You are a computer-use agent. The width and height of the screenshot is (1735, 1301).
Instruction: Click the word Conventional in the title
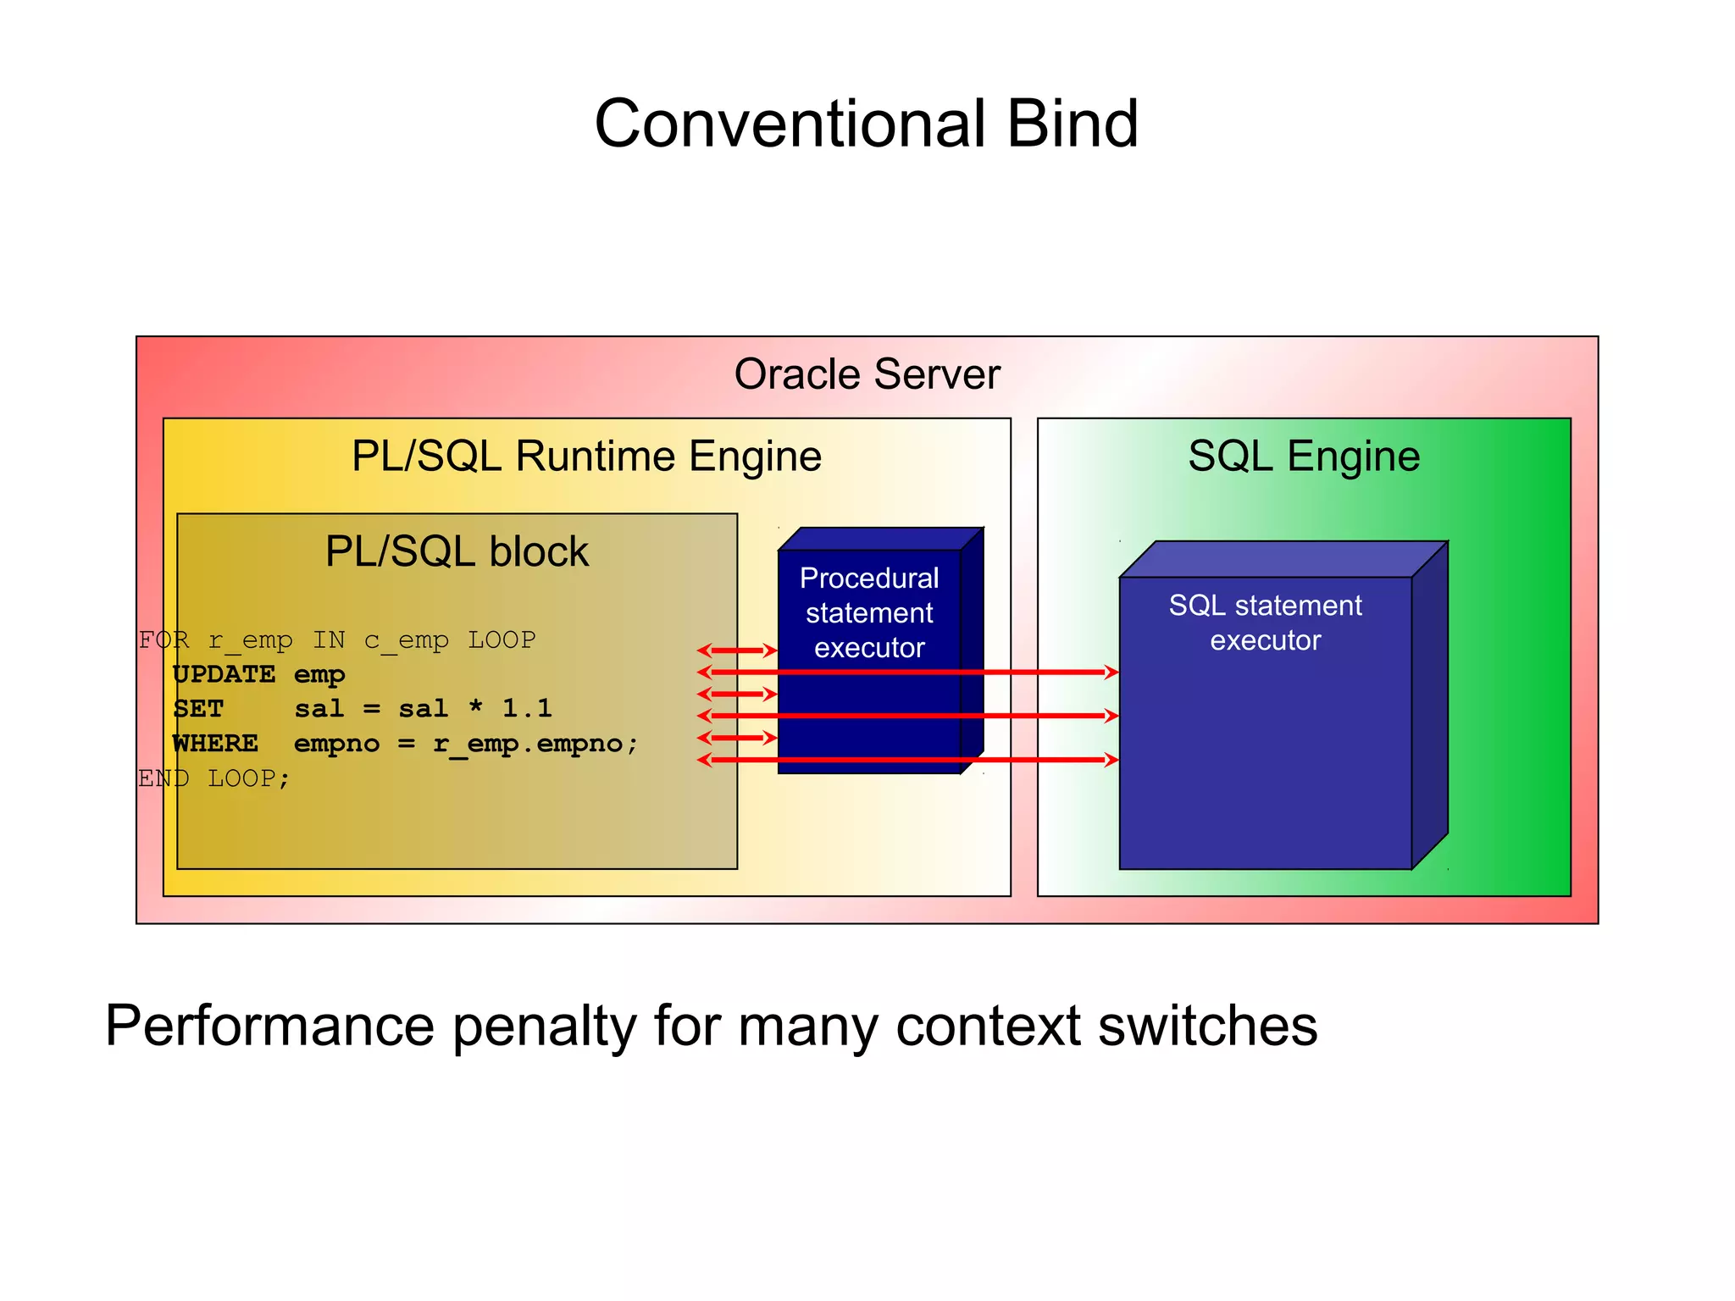coord(789,124)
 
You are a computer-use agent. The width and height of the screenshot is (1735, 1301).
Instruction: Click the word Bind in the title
coord(1072,124)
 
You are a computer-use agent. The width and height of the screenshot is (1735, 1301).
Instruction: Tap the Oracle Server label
coord(867,374)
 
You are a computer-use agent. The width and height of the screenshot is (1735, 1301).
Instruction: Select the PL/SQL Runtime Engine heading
coord(586,457)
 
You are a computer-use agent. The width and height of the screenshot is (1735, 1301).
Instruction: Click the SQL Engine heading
coord(1303,457)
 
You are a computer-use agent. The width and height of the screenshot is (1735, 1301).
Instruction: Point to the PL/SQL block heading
coord(457,551)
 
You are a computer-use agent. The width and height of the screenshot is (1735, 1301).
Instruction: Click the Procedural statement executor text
coord(869,612)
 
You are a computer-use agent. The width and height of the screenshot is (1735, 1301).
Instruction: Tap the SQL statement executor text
coord(1265,623)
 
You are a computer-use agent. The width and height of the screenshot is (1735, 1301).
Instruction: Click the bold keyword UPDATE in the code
coord(224,674)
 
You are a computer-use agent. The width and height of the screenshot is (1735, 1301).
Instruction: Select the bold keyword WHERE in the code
coord(215,744)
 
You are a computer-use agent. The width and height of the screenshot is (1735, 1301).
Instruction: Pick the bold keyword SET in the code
coord(198,709)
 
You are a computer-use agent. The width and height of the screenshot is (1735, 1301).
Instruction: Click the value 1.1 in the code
coord(526,708)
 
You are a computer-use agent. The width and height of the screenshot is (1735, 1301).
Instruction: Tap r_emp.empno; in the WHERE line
coord(535,744)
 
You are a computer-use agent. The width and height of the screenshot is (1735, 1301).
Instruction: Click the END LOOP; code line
coord(213,778)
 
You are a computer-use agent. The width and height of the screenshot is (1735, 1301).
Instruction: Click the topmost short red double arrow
coord(736,650)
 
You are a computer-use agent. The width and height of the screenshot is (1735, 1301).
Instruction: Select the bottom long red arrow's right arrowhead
coord(1111,760)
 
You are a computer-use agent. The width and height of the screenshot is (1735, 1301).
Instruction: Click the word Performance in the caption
coord(269,1027)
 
